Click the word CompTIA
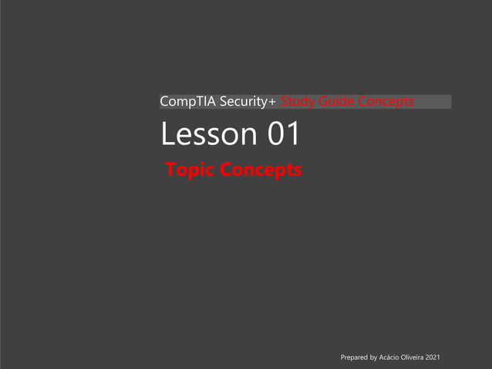pyautogui.click(x=185, y=102)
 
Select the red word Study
pyautogui.click(x=297, y=102)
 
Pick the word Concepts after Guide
pyautogui.click(x=386, y=102)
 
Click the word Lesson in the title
pyautogui.click(x=208, y=135)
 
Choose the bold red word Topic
pyautogui.click(x=190, y=170)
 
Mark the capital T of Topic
pyautogui.click(x=172, y=170)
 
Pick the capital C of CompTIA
pyautogui.click(x=164, y=102)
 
